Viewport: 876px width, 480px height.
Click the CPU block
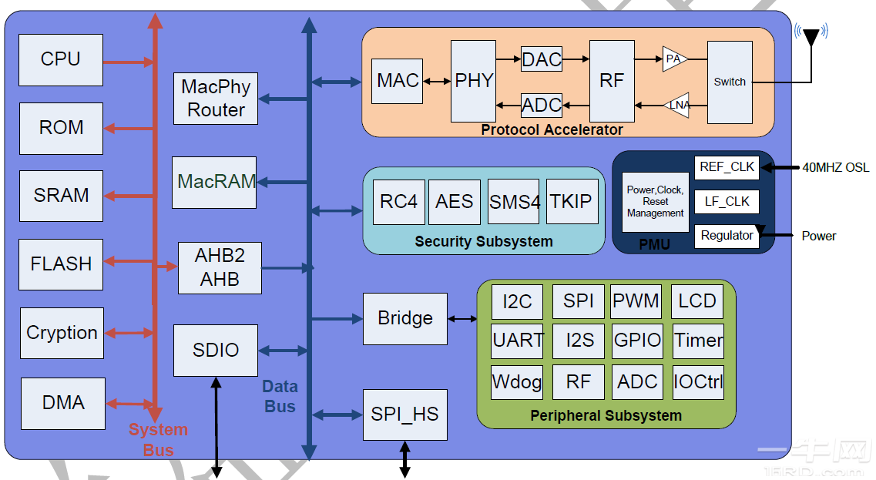point(61,60)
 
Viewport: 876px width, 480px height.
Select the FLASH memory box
point(61,264)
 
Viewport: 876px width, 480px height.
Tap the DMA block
point(63,403)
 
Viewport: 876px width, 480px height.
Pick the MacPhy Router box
point(216,99)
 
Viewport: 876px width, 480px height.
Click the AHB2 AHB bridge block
point(220,268)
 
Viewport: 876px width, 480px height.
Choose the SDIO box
point(216,351)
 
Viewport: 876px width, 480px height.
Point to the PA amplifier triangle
point(674,59)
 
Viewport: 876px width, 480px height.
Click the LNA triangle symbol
point(676,105)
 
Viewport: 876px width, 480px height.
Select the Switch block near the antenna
point(729,82)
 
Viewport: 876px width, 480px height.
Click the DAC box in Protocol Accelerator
point(542,59)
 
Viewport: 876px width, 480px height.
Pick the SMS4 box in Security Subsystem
point(515,202)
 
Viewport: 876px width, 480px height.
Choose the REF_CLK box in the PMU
point(727,167)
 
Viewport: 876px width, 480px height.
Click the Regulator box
point(727,236)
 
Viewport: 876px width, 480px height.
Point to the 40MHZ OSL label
point(835,167)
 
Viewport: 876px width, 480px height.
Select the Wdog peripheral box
point(517,382)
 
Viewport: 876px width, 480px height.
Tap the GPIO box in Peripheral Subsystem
point(637,340)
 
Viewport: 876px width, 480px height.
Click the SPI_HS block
point(404,415)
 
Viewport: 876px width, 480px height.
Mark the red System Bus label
point(158,439)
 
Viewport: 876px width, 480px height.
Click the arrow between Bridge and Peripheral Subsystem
point(462,318)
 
